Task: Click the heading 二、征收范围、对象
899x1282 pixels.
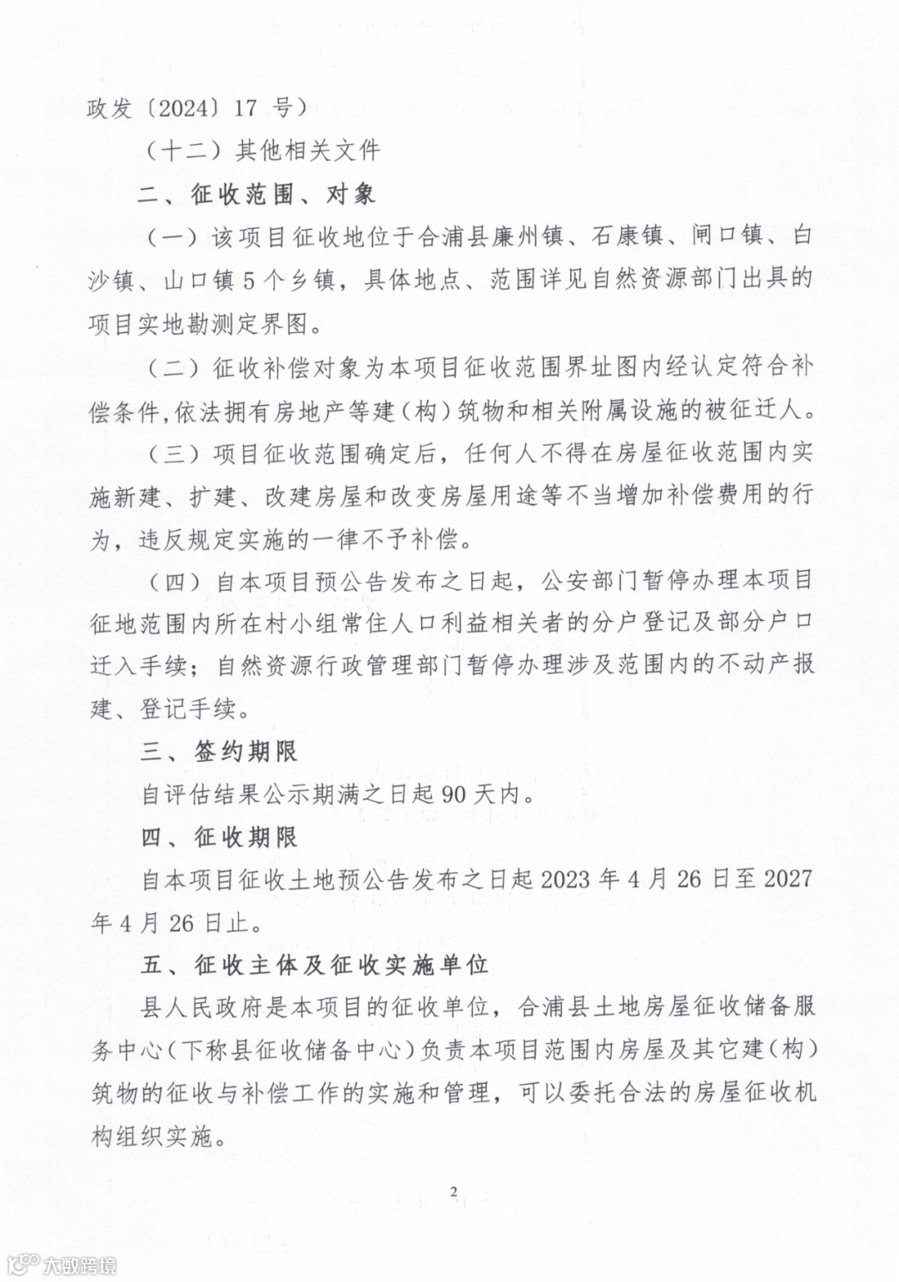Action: click(x=258, y=194)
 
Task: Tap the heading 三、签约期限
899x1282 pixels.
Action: click(x=219, y=752)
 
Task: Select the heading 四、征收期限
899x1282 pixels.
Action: click(x=219, y=837)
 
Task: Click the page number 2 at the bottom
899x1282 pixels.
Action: click(x=454, y=1193)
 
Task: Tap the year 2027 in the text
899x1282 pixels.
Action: click(x=787, y=879)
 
